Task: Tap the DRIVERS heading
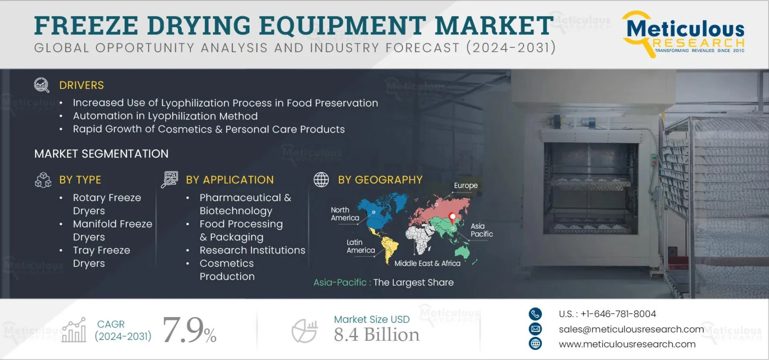(81, 85)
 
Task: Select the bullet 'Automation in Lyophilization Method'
(165, 116)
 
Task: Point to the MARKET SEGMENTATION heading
(101, 154)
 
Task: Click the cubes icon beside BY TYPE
(43, 180)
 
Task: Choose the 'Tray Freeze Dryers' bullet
(101, 257)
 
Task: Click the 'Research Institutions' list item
(252, 250)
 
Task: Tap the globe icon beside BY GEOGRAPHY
(321, 180)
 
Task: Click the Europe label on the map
(465, 185)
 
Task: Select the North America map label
(344, 214)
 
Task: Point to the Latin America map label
(360, 246)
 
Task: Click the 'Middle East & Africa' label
(427, 263)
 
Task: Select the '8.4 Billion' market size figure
(376, 335)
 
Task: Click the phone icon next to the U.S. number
(535, 314)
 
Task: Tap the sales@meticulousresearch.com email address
(631, 329)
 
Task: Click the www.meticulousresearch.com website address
(627, 344)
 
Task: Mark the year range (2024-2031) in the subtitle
(511, 48)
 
